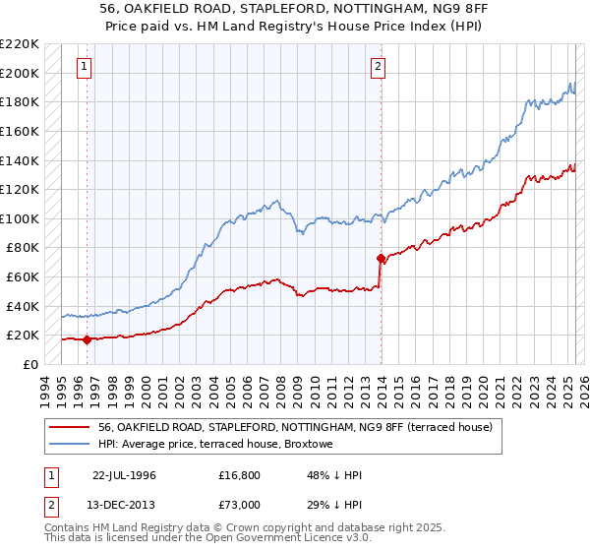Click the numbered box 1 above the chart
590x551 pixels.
[84, 67]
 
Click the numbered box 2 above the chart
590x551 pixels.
[378, 67]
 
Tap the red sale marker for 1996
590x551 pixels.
[88, 340]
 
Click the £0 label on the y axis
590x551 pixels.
[31, 364]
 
